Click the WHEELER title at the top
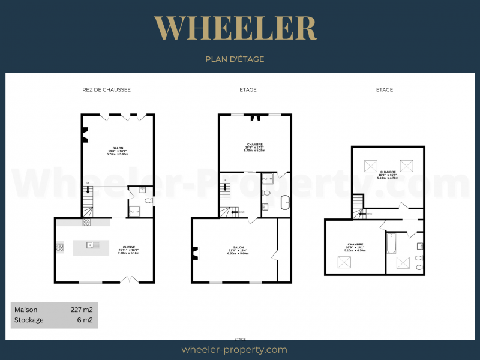[235, 28]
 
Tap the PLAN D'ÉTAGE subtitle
[235, 59]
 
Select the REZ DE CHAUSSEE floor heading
[106, 89]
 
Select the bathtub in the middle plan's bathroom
[284, 202]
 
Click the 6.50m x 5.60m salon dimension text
[238, 253]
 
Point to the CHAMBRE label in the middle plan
[254, 145]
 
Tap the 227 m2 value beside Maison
[81, 310]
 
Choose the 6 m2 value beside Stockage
[85, 320]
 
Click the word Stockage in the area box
[29, 320]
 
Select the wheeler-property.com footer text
[234, 350]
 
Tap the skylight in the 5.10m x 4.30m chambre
[345, 262]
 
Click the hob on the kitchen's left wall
[59, 246]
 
